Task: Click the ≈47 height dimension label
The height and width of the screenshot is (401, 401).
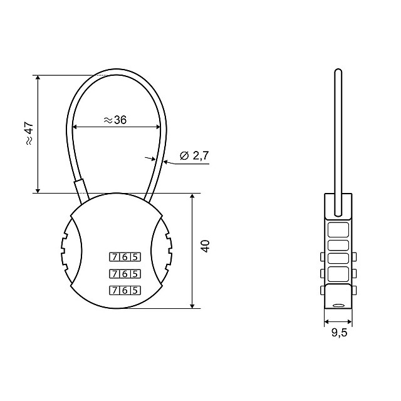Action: coord(29,133)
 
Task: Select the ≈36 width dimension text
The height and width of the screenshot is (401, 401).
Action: coord(115,120)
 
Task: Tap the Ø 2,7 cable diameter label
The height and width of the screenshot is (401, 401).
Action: coord(194,155)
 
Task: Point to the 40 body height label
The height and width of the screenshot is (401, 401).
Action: coord(206,246)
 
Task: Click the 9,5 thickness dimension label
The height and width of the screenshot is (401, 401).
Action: coord(340,333)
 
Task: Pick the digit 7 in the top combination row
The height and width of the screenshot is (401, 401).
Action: coord(115,257)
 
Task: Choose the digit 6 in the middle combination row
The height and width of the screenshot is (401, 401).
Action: coord(125,274)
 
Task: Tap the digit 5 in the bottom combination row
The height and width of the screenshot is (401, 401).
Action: coord(135,291)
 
